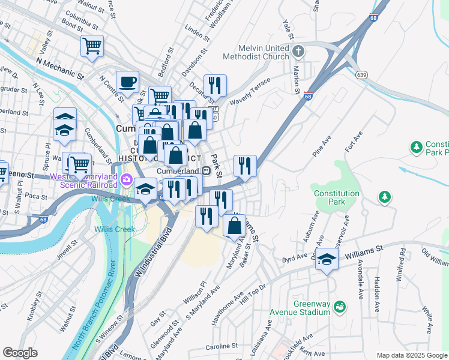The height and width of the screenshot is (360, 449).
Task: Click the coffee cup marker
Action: pyautogui.click(x=127, y=82)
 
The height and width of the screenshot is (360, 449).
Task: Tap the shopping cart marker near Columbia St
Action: pyautogui.click(x=92, y=46)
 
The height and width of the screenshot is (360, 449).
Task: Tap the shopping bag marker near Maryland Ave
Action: pyautogui.click(x=234, y=226)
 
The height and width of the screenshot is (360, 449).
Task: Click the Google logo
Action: pyautogui.click(x=20, y=353)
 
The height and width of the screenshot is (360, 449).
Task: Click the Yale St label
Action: pyautogui.click(x=288, y=35)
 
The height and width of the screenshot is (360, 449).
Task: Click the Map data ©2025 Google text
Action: pyautogui.click(x=411, y=355)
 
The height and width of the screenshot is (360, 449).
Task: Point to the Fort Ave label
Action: pyautogui.click(x=354, y=144)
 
